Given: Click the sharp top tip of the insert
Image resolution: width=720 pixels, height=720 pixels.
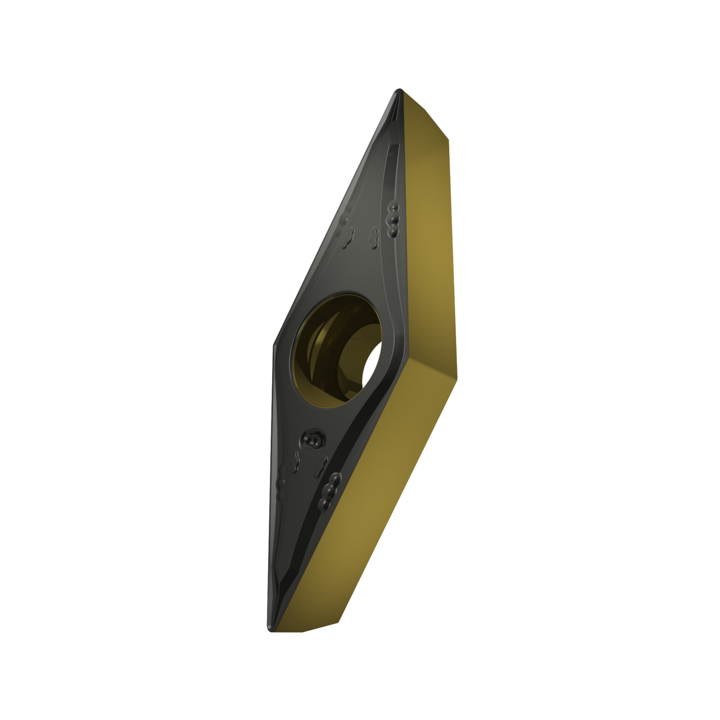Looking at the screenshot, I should (398, 90).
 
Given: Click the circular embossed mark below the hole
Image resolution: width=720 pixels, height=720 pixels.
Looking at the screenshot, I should (313, 439).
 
